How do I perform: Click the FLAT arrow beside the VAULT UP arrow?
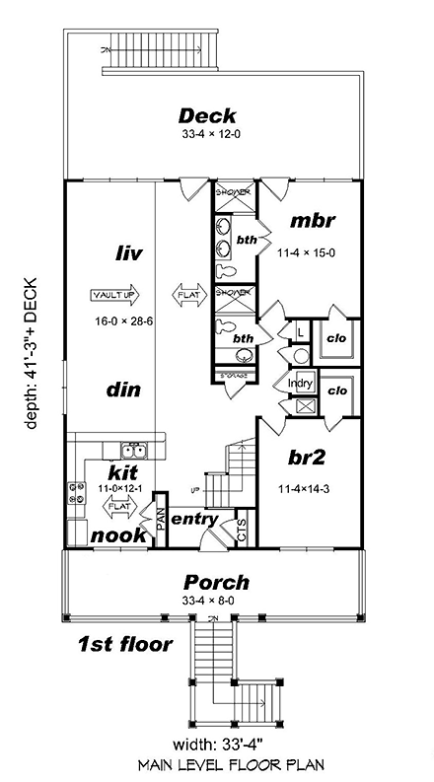pos(186,294)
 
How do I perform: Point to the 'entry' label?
pos(194,519)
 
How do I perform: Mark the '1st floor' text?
pos(124,645)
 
